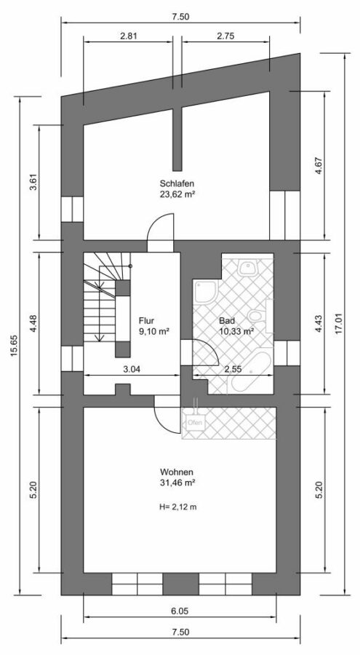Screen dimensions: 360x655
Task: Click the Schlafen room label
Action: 177,183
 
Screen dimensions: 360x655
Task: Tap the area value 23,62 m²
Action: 178,194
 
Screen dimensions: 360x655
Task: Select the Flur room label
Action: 147,321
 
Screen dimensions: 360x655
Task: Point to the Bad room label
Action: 227,321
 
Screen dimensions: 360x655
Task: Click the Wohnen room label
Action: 176,472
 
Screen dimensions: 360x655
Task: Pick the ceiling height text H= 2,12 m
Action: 178,507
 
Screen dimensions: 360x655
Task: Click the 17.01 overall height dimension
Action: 338,324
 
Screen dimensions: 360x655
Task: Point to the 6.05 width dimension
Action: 180,611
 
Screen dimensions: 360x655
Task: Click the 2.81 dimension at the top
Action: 128,36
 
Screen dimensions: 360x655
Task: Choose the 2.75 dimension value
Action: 225,36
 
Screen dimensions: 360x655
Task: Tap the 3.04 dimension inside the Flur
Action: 132,369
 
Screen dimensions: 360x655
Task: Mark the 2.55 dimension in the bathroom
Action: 233,369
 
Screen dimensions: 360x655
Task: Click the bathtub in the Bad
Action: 249,372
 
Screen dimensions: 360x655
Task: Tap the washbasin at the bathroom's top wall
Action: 249,267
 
